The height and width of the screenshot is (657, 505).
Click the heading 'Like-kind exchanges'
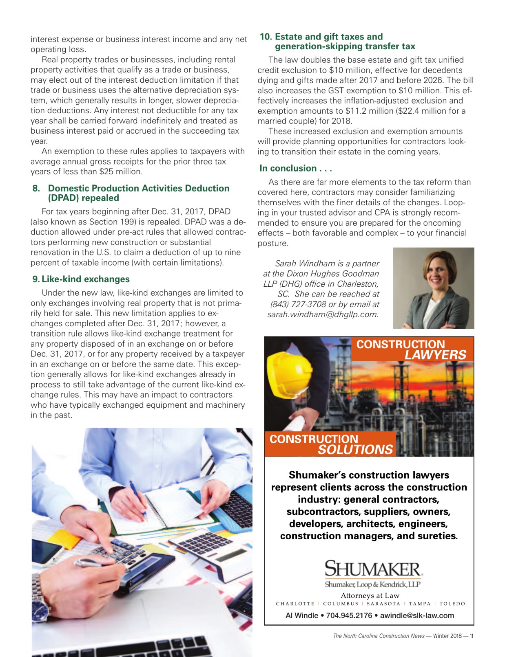pos(85,279)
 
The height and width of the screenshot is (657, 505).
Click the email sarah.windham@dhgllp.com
pos(323,314)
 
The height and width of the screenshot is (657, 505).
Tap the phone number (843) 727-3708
pos(298,304)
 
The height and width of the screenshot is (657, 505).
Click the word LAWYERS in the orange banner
pos(435,355)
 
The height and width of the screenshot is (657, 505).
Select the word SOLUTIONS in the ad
pos(355,450)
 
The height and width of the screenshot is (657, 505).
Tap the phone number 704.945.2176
pos(349,615)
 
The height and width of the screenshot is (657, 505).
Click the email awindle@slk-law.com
pos(417,615)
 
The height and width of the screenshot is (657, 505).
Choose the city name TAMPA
pos(420,604)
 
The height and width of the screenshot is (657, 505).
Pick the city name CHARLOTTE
pos(295,604)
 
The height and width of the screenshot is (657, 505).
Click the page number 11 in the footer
pos(471,636)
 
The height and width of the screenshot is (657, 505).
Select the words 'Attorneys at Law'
pos(370,595)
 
